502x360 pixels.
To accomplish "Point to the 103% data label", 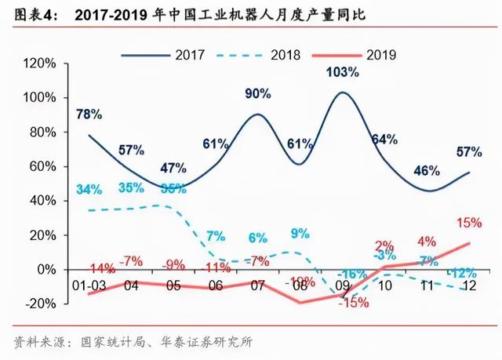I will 342,72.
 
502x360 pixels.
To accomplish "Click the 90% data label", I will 257,93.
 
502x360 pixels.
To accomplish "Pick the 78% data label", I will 89,114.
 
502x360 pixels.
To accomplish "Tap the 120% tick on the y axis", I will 41,64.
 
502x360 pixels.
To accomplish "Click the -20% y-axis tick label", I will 42,304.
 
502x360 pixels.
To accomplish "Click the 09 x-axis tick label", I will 342,286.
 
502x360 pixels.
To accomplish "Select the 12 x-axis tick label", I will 469,286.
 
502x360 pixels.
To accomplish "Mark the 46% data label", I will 426,171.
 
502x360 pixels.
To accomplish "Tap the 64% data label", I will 384,140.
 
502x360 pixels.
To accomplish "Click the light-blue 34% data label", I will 89,188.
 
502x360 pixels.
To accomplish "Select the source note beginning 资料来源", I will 133,342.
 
